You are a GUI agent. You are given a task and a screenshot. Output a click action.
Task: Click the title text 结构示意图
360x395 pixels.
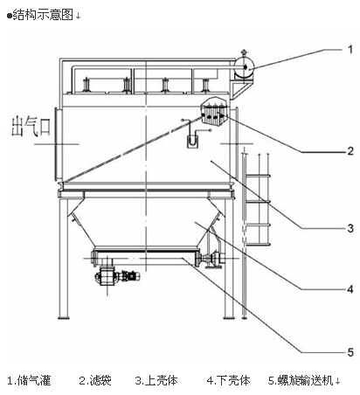(x=43, y=15)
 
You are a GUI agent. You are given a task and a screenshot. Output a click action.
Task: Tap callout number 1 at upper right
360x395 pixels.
(x=350, y=50)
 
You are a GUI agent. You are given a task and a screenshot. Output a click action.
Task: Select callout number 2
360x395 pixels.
(x=350, y=151)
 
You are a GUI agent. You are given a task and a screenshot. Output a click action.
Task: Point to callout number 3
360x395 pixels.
(x=350, y=228)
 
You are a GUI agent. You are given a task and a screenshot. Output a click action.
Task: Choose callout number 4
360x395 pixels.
(x=350, y=289)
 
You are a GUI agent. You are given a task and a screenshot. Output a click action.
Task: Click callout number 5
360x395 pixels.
(x=350, y=352)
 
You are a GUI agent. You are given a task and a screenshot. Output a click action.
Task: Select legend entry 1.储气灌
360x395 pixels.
(x=29, y=380)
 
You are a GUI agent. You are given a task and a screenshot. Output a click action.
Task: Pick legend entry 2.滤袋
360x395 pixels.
(x=95, y=380)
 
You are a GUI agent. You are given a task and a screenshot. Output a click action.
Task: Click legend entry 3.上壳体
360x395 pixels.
(x=156, y=380)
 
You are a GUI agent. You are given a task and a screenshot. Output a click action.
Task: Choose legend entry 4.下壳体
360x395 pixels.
(x=229, y=380)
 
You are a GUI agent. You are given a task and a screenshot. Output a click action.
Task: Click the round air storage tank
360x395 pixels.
(x=245, y=67)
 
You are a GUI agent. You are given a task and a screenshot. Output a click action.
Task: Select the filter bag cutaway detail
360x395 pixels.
(x=214, y=112)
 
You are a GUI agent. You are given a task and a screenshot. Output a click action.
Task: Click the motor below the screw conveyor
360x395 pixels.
(x=116, y=276)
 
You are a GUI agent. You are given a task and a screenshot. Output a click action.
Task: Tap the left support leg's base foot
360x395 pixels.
(x=64, y=317)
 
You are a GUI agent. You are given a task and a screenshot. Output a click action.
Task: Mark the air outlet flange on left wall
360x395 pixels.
(x=59, y=144)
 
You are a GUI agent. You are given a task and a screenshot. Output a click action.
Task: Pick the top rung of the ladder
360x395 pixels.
(x=257, y=176)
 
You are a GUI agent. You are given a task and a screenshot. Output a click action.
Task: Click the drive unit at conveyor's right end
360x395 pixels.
(x=212, y=259)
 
